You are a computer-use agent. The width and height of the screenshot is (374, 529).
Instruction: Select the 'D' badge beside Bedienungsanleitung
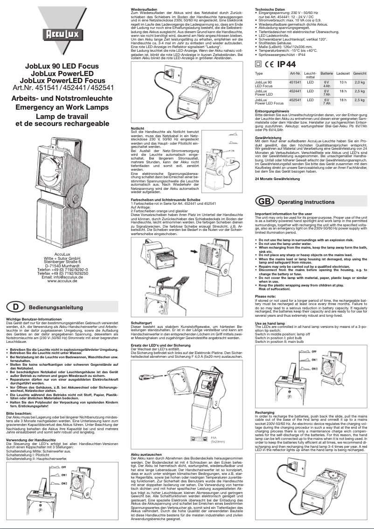click(x=15, y=307)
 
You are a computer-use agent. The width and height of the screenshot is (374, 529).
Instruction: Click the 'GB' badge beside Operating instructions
click(x=263, y=202)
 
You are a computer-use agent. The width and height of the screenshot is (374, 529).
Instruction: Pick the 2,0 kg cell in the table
click(x=360, y=82)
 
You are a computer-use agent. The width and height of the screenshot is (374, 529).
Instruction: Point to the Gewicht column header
click(x=360, y=74)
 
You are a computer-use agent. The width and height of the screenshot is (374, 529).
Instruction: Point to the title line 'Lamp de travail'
click(x=60, y=117)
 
